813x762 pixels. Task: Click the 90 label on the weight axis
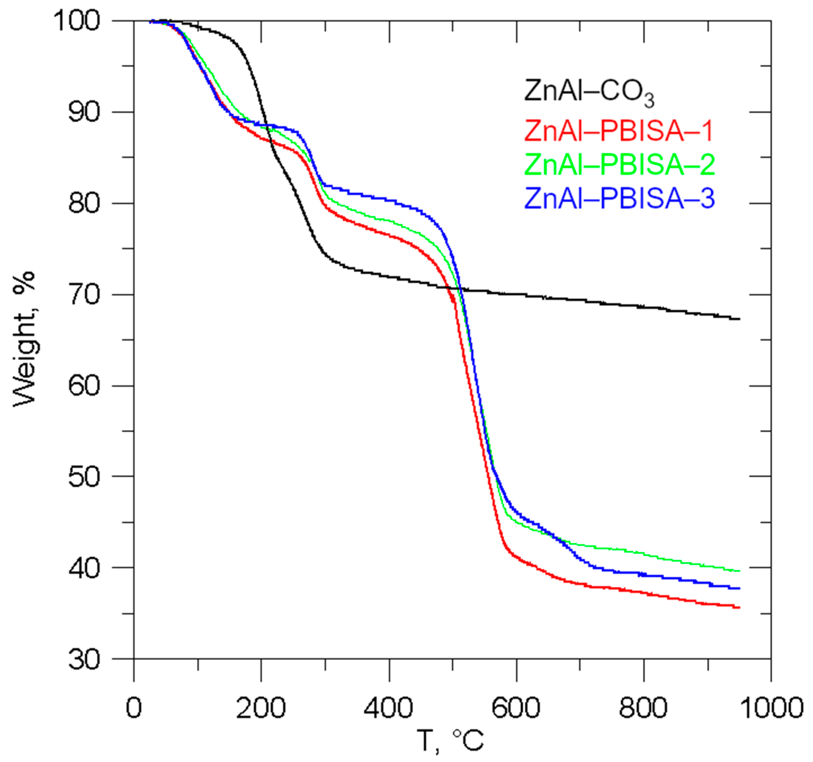point(84,112)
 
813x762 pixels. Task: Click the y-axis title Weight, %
point(25,340)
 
